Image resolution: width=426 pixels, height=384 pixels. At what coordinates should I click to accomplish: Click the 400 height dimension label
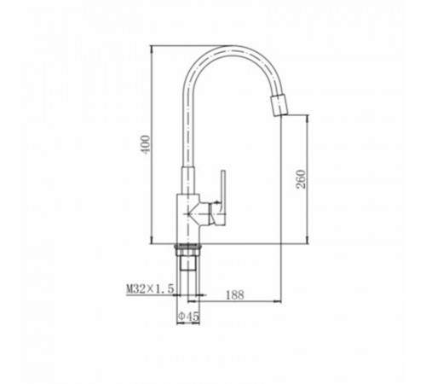pos(146,145)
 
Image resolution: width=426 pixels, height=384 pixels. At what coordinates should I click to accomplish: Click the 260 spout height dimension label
pos(301,179)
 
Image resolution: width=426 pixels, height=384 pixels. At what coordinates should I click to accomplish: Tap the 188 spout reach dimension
pos(235,294)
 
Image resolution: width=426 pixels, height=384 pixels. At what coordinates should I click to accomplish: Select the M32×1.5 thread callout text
pos(150,288)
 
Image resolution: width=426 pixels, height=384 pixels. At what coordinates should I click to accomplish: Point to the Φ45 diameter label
pos(188,316)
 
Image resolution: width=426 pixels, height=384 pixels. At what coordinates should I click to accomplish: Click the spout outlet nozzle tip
pos(279,106)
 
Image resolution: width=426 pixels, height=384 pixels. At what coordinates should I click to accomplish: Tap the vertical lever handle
pos(223,198)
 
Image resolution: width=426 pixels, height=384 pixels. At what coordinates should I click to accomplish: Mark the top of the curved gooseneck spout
pos(227,46)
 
